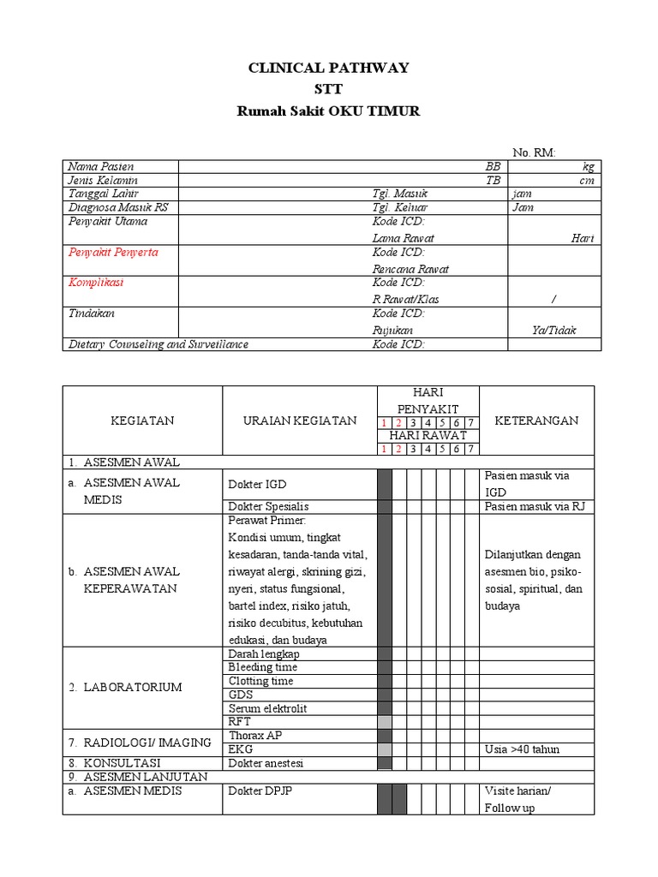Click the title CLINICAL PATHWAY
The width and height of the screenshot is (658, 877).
[x=328, y=69]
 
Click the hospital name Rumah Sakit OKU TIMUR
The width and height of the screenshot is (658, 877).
[x=328, y=111]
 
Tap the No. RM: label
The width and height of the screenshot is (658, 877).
[x=534, y=152]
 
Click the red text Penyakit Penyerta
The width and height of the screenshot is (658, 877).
[x=112, y=253]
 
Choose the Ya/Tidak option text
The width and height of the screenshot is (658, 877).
[x=553, y=330]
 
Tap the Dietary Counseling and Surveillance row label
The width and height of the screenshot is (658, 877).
[x=158, y=344]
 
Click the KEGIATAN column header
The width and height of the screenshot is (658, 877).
[x=142, y=421]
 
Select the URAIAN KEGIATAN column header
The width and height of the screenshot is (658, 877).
[x=300, y=421]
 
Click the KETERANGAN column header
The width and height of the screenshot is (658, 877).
[x=536, y=421]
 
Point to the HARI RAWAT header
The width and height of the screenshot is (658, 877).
[x=428, y=436]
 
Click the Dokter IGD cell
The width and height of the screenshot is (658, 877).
[x=252, y=485]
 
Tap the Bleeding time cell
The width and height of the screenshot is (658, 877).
[x=263, y=667]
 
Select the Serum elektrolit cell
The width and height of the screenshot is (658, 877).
[x=267, y=708]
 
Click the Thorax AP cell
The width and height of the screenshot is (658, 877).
[x=255, y=736]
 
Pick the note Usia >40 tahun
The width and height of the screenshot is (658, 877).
[x=522, y=749]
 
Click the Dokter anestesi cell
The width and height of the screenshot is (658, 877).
[x=266, y=763]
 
